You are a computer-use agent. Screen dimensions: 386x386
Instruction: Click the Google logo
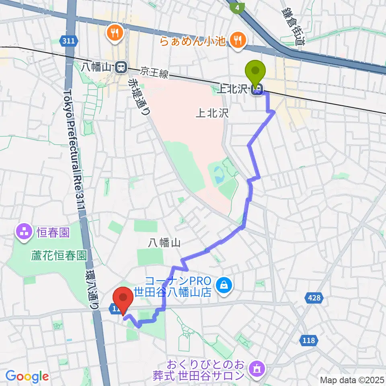click(27, 377)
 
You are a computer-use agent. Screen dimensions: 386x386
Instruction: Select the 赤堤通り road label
click(139, 96)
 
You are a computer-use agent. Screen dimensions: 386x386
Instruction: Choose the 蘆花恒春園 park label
click(59, 256)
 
